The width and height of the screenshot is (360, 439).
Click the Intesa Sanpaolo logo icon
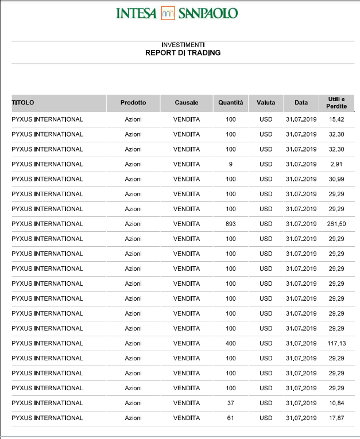(168, 13)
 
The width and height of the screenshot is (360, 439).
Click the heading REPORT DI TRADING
(183, 53)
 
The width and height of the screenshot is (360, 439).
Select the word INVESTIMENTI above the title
(183, 45)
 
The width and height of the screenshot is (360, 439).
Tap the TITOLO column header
(23, 103)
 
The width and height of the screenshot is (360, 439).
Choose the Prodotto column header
(133, 103)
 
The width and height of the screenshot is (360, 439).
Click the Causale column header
(187, 103)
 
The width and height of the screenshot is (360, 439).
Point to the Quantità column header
(231, 103)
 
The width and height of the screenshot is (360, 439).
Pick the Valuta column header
(266, 103)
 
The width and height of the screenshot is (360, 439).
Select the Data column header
(301, 103)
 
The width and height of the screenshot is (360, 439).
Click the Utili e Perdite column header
(336, 103)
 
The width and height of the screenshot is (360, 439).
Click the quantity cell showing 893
(231, 224)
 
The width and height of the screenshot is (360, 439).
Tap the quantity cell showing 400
(231, 343)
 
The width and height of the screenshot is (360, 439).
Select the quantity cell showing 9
(231, 164)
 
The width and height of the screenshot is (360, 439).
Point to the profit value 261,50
(336, 224)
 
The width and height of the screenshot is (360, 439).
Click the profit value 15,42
(336, 119)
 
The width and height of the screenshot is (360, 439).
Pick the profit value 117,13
(336, 343)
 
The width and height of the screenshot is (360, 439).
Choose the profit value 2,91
(336, 164)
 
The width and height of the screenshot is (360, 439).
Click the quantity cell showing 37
(231, 403)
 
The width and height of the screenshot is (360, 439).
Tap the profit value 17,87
(336, 418)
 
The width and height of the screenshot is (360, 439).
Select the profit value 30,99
(336, 179)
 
